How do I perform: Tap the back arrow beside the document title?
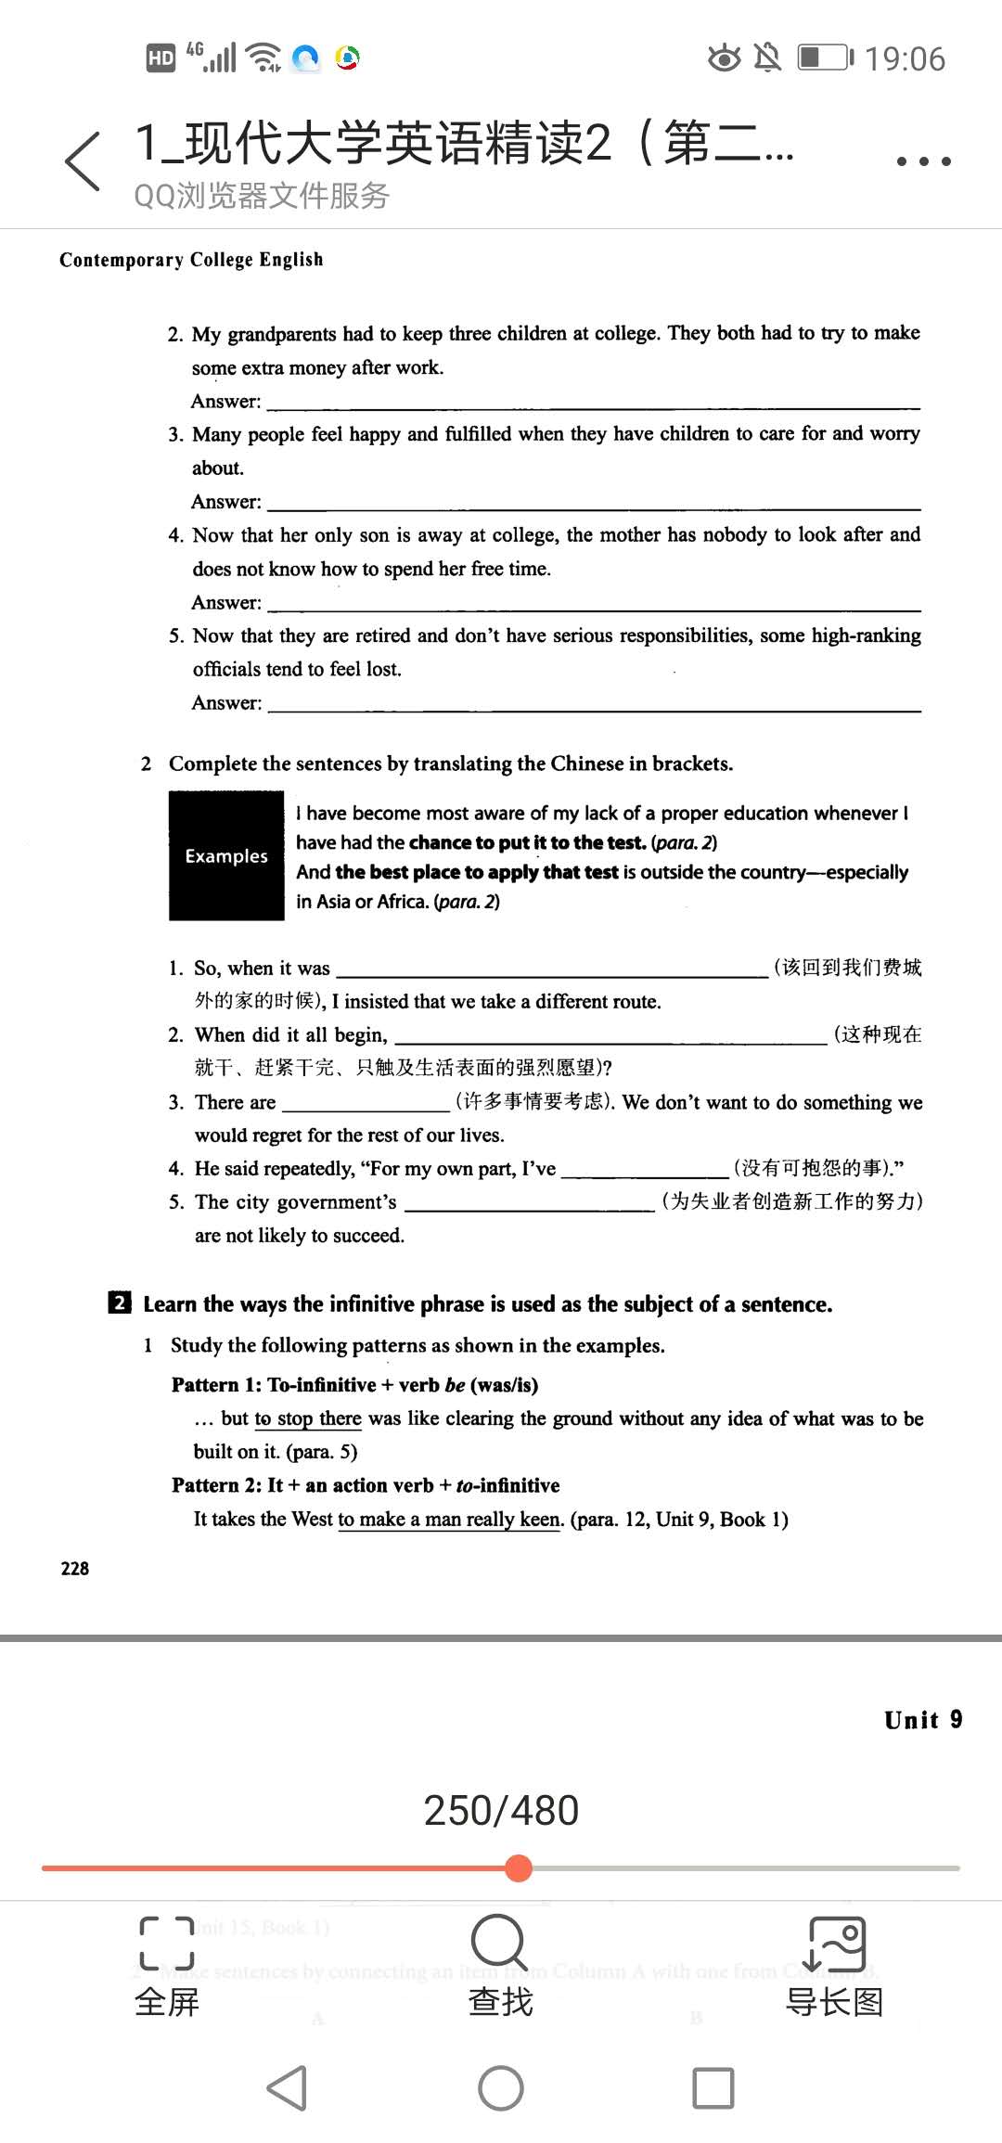83,161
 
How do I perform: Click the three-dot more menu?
923,161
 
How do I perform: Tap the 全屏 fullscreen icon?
167,1943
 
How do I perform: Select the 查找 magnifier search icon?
499,1941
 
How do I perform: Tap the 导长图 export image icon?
836,1944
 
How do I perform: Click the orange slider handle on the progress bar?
519,1867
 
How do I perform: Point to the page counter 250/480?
501,1810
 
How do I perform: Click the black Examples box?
226,855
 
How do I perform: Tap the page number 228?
75,1569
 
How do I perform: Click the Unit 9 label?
923,1720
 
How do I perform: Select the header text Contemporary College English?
191,260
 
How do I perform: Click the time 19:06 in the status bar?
905,59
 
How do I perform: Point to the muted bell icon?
767,58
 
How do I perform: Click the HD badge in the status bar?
161,58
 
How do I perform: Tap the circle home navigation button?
501,2088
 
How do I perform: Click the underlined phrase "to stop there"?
308,1418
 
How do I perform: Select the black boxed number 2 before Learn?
120,1302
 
